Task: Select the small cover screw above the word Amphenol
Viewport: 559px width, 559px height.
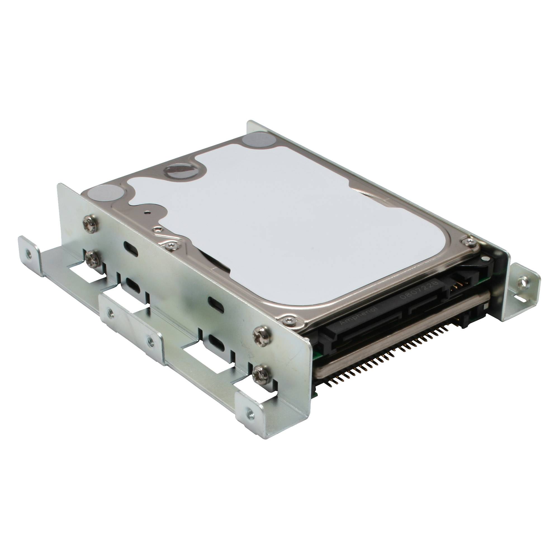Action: (x=289, y=319)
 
